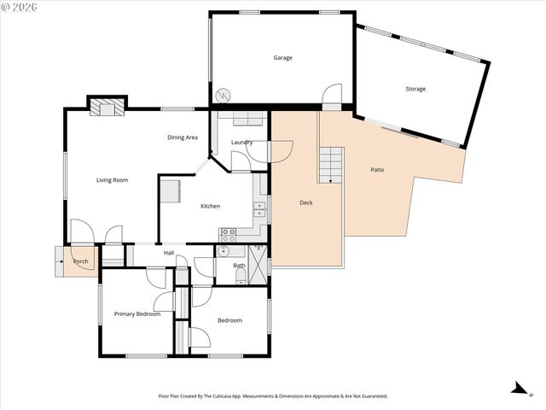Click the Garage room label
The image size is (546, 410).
coord(282,58)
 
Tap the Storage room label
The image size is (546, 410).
coord(415,89)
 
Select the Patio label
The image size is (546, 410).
coord(377,170)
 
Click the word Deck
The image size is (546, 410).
coord(306,203)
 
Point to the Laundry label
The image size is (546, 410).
coord(241,142)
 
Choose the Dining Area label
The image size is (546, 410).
coord(183,138)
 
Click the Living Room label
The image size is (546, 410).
coord(112,180)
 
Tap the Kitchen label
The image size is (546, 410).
coord(210,206)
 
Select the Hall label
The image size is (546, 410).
coord(169,253)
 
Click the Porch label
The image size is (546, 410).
coord(81,261)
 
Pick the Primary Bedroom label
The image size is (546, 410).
coord(137,314)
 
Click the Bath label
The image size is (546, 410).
coord(239,266)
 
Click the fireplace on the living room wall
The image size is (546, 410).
coord(107,107)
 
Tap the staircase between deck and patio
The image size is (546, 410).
coord(330,164)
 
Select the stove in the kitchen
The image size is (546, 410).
coord(229,232)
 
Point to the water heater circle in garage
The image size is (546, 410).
coord(224,94)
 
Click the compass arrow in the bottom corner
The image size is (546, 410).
coord(517,388)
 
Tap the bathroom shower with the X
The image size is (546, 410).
coord(257,260)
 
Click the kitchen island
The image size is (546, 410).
coord(170,190)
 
